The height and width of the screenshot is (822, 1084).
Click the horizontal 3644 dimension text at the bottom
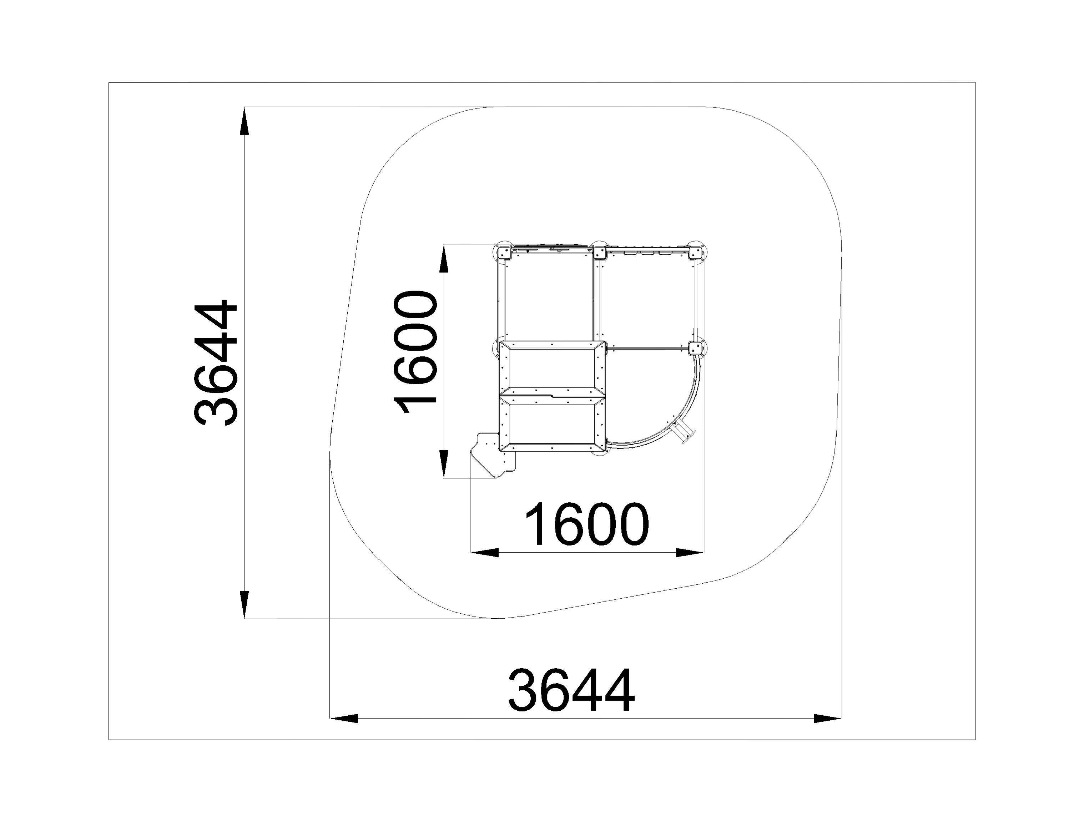coord(571,691)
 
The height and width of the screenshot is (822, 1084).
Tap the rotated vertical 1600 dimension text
coord(415,353)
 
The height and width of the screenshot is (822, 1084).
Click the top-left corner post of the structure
coord(503,253)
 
